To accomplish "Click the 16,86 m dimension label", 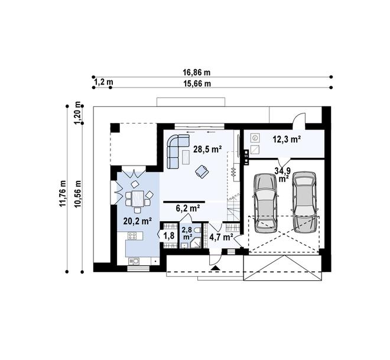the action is coord(197,72).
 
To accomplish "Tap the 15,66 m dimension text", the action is coord(197,83).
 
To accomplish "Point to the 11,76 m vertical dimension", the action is coord(63,193).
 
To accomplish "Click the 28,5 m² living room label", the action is coord(207,150).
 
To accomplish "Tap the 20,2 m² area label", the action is coord(138,220).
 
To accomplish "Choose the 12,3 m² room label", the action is coord(287,139).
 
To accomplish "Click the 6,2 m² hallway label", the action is coord(188,208).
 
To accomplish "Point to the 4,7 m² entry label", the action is coord(221,237).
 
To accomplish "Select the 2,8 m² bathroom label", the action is coord(187,233).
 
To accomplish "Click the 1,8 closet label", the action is coord(169,235).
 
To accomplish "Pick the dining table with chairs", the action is coord(138,197).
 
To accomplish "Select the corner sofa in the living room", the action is coord(178,151).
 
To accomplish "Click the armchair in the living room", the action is coord(202,171).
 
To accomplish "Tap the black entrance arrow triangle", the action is coord(215,268).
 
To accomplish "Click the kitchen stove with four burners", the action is coord(132,236).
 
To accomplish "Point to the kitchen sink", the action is coord(134,261).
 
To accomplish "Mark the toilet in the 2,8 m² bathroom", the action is coord(197,231).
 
